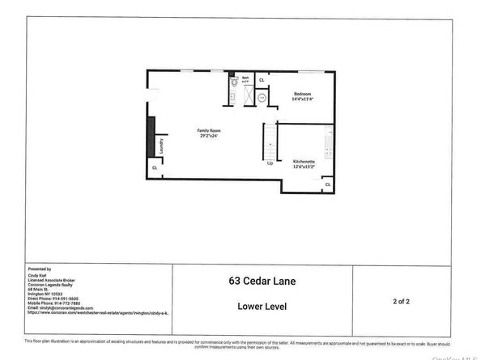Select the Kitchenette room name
click(x=305, y=162)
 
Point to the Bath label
click(x=245, y=78)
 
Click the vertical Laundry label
click(x=162, y=147)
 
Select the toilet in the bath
click(x=233, y=82)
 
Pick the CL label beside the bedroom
click(x=262, y=81)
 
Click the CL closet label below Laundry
click(x=155, y=168)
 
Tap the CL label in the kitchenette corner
click(x=327, y=185)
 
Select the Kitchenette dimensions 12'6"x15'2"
click(x=305, y=167)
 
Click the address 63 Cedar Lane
click(x=262, y=282)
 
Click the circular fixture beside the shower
click(x=262, y=98)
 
